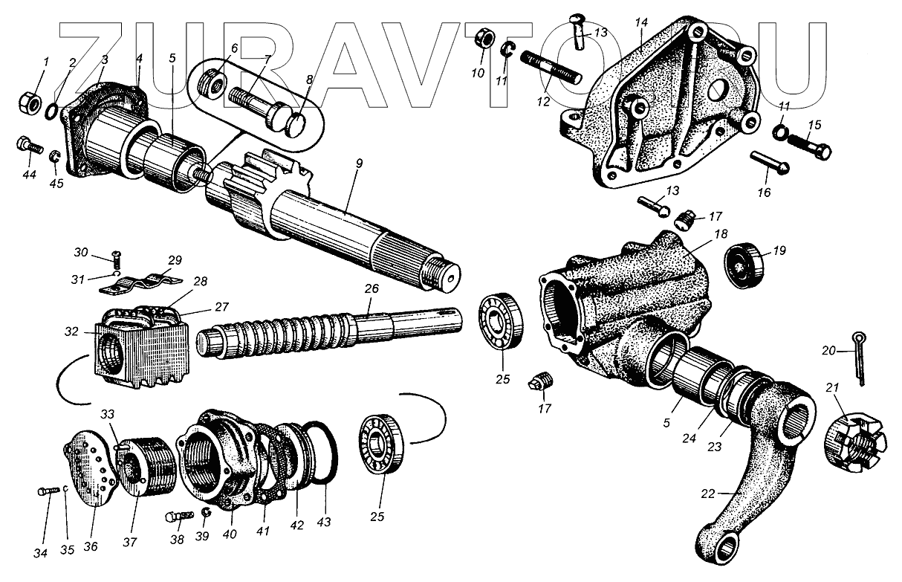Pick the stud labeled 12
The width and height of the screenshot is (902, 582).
click(550, 68)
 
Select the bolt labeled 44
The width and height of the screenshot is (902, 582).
click(28, 146)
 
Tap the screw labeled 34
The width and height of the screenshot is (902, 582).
click(48, 493)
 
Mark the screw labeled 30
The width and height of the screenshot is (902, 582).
click(117, 258)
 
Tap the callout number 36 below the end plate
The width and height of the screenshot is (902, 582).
click(91, 547)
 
